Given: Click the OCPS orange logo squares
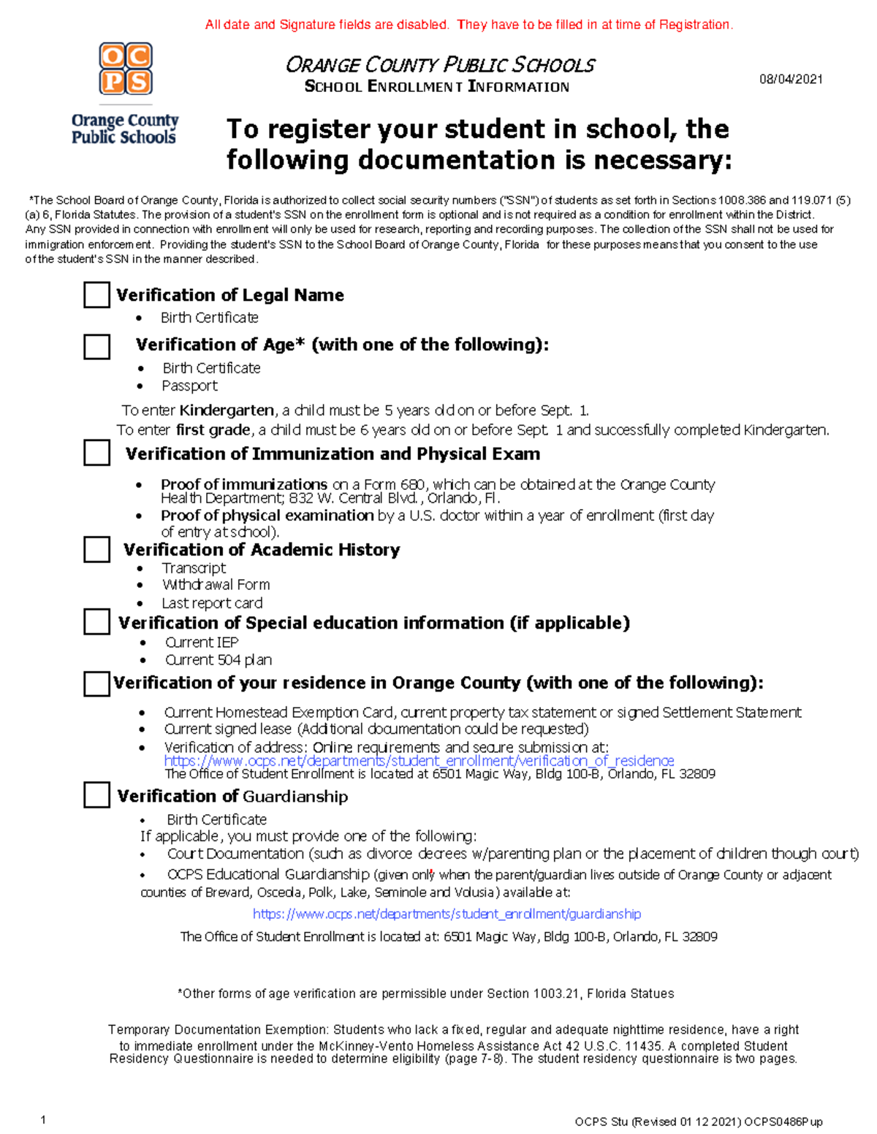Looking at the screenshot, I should (126, 69).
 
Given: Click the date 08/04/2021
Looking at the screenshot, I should (791, 79).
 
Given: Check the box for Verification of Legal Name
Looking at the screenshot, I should (96, 295).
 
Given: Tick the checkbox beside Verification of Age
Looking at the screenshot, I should (96, 346).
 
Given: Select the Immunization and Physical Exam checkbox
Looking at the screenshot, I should (96, 453).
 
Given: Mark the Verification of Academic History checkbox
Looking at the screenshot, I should (96, 549).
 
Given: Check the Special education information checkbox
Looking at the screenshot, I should (96, 622).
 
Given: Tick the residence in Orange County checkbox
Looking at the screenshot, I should (96, 683).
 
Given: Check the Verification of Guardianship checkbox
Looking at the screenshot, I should (96, 794).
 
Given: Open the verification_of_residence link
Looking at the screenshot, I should (419, 761).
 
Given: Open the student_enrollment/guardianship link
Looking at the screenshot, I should (447, 913).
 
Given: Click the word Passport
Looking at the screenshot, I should (189, 386).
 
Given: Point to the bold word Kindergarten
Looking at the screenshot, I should (227, 410).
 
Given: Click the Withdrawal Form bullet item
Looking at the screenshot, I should (216, 585).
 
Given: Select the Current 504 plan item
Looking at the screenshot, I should (218, 660).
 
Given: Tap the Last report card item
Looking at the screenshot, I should (212, 603).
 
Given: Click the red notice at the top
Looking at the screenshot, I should (468, 25).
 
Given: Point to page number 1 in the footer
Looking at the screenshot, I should (44, 1120).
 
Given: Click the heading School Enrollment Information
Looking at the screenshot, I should (436, 87).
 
